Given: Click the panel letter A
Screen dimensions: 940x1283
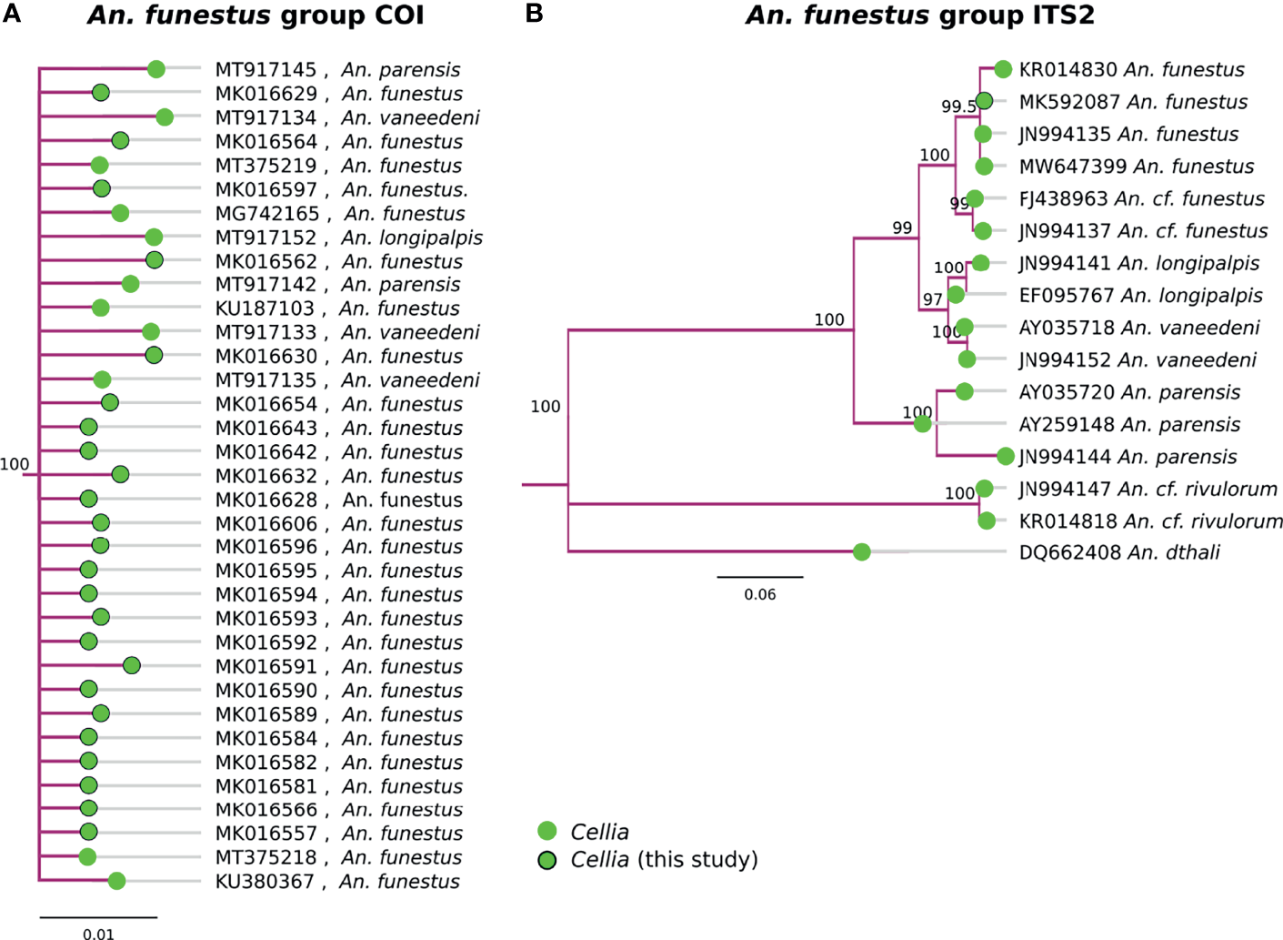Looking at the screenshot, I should (x=12, y=14).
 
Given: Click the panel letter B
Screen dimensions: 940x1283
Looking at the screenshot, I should (x=535, y=14).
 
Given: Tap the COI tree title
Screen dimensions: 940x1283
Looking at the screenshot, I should (x=256, y=15).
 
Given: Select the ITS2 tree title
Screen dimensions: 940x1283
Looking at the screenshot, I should (x=920, y=15).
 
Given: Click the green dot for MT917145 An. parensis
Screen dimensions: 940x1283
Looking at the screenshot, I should (x=156, y=69).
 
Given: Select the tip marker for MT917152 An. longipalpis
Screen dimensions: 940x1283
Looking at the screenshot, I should (x=154, y=238).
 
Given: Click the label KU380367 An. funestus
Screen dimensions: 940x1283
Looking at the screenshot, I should (x=337, y=881).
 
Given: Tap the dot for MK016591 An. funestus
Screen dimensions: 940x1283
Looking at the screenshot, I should (x=132, y=666).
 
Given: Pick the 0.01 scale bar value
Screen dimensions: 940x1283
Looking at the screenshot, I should (x=98, y=934).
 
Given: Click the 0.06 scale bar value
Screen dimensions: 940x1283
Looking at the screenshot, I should (x=760, y=594).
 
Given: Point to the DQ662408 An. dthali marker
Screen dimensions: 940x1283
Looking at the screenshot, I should (x=862, y=552).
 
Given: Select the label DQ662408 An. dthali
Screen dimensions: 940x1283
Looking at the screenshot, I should (x=1119, y=552).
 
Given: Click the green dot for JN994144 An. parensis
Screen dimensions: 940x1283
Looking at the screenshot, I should (x=1005, y=456).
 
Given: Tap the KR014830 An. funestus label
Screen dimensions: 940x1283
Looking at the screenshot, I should (x=1131, y=69).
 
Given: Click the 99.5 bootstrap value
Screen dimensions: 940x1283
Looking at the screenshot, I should (x=958, y=106).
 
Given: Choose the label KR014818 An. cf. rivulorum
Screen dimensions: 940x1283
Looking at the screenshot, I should (x=1150, y=521).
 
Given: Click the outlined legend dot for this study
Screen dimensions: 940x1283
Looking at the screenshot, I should (x=546, y=860).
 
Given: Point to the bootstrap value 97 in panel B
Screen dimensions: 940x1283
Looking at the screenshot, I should (x=933, y=299).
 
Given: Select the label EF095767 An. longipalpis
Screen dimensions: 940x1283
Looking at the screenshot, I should (x=1140, y=295).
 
